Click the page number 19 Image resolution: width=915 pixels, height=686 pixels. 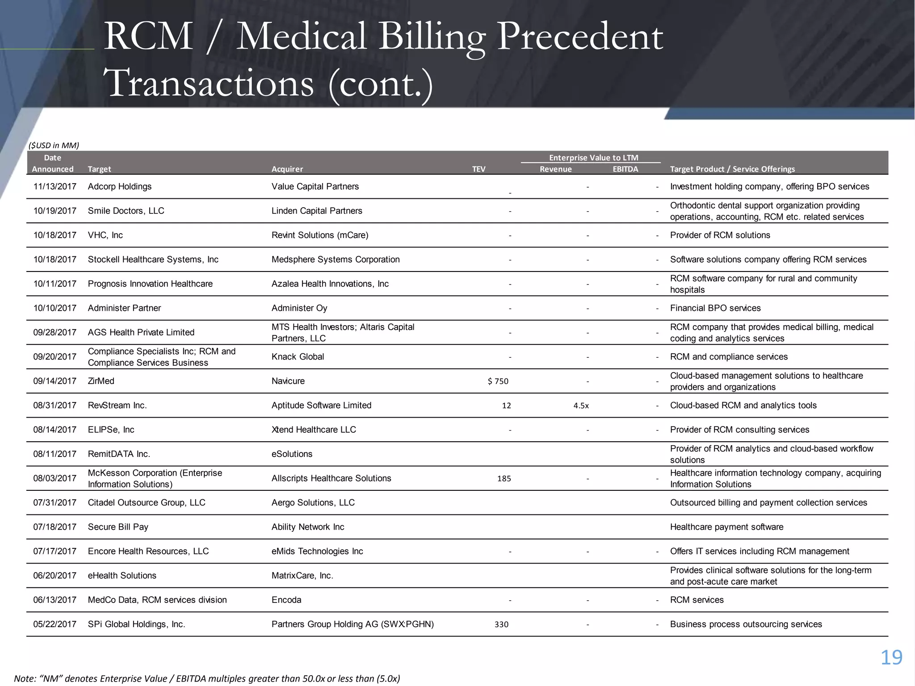pos(891,657)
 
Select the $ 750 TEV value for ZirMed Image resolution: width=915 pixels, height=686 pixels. pos(498,381)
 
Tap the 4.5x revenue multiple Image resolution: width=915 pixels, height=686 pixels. pos(581,406)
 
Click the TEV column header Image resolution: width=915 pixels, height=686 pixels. pos(478,169)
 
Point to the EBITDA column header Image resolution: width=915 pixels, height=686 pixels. pos(625,169)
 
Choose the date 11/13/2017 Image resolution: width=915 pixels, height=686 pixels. pos(55,187)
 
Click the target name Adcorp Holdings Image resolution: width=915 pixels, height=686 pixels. pos(120,187)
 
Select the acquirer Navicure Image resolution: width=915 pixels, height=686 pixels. pos(288,381)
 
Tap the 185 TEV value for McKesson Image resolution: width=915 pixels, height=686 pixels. pos(504,478)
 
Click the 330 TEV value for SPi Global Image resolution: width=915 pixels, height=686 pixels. pos(501,624)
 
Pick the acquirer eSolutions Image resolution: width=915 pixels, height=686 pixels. pos(292,454)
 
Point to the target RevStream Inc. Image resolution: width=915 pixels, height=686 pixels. pos(117,406)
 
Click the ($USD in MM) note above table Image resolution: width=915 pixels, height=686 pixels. pos(54,145)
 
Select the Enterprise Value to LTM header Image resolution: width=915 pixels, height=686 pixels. pos(593,158)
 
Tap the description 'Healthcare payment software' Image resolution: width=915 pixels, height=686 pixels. pos(726,527)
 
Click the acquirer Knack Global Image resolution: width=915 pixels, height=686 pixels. pos(298,357)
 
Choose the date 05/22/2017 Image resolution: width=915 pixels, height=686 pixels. pos(55,624)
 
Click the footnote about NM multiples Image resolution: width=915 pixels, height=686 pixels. pos(207,678)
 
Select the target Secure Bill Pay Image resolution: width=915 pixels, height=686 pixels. pos(118,527)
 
